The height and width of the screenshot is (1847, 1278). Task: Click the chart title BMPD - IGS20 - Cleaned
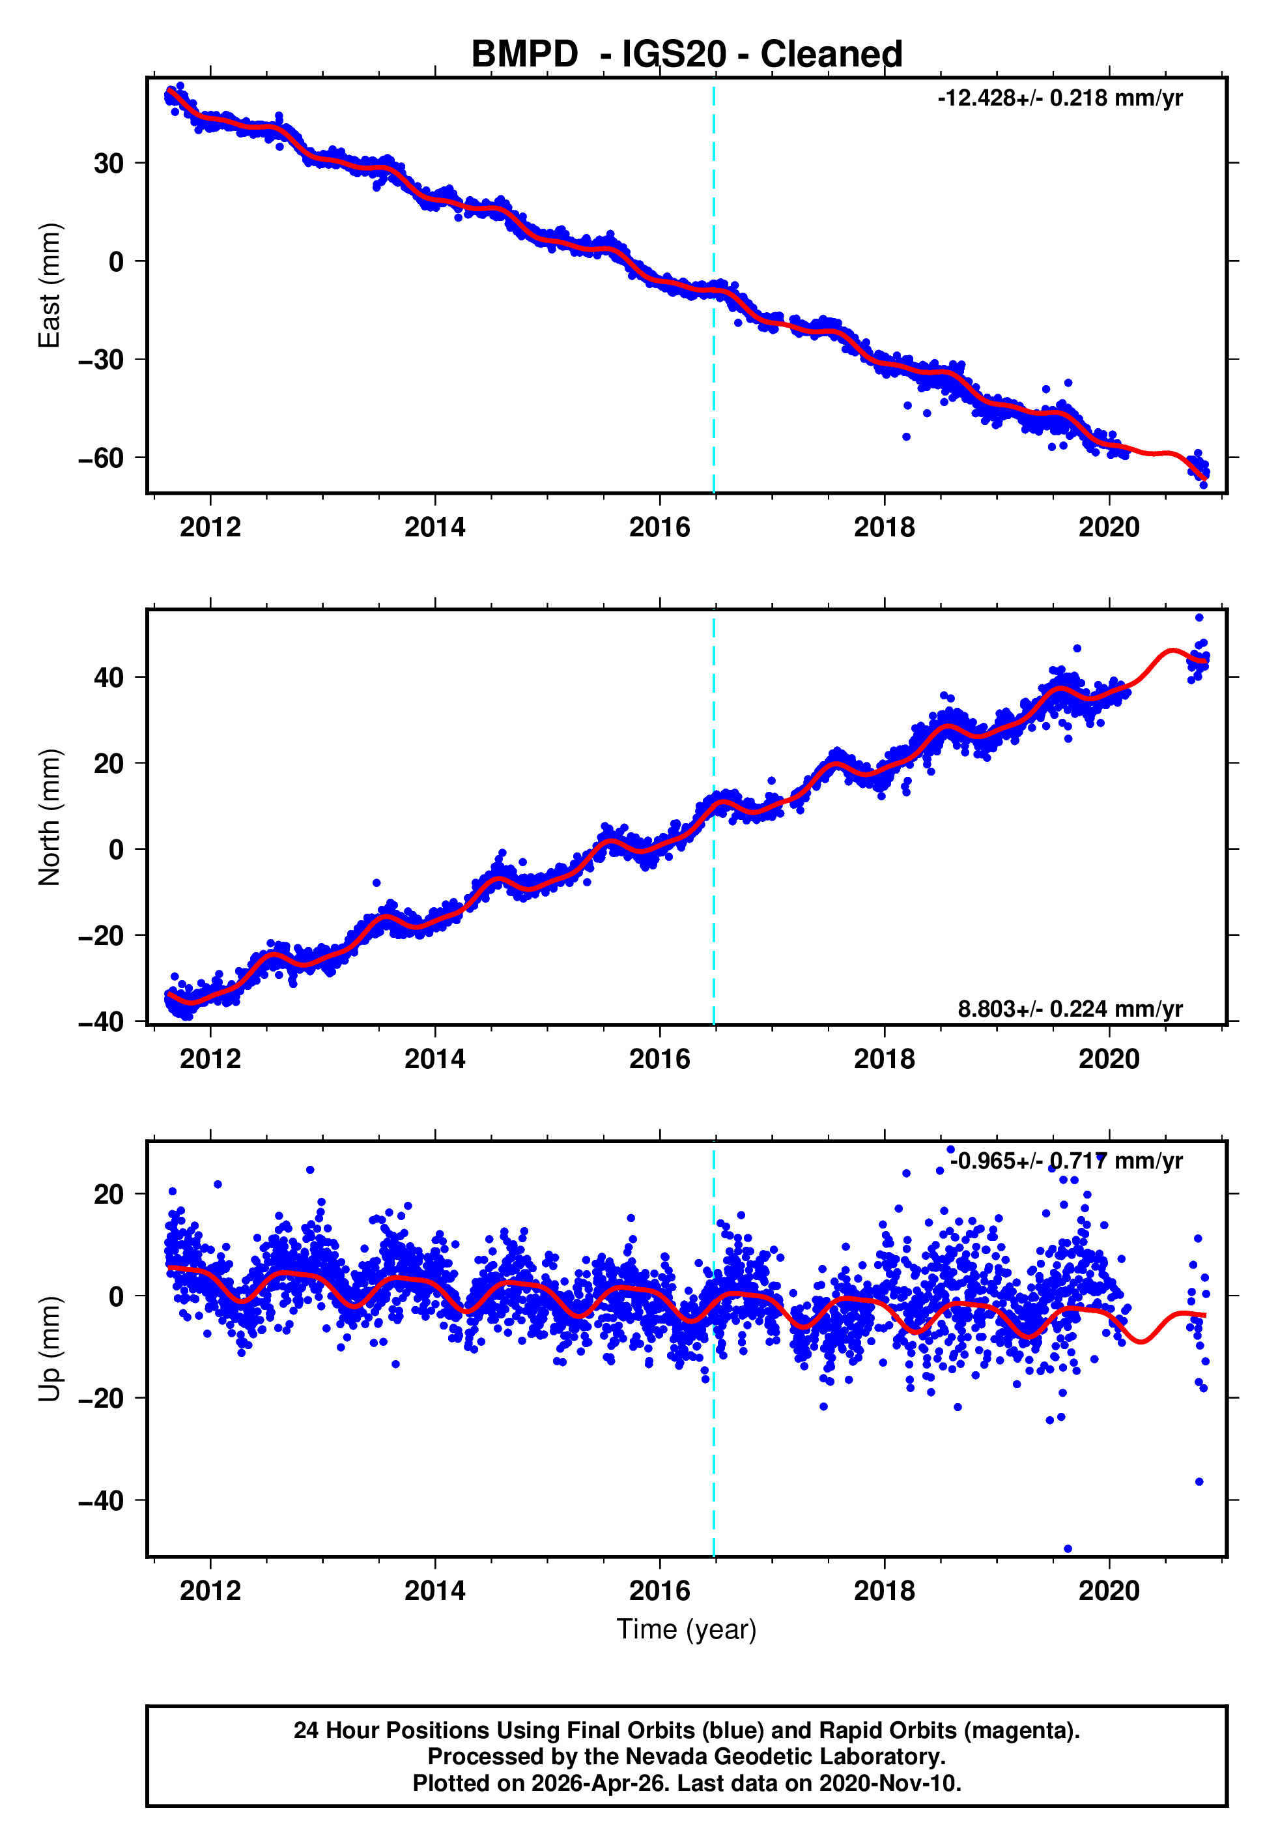687,55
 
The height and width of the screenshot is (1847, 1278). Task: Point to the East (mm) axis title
50,285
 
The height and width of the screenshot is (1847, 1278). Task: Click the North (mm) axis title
50,817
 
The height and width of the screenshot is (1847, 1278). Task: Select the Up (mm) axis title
50,1349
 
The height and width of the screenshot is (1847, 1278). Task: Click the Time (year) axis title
687,1629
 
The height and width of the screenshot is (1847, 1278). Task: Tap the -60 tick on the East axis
100,458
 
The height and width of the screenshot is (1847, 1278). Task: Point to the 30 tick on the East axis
108,164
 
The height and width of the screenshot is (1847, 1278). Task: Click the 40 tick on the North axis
108,678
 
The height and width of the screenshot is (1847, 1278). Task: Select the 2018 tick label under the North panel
884,1059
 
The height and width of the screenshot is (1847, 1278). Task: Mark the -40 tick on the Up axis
100,1500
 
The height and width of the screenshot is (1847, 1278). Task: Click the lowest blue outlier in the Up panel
1068,1549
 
